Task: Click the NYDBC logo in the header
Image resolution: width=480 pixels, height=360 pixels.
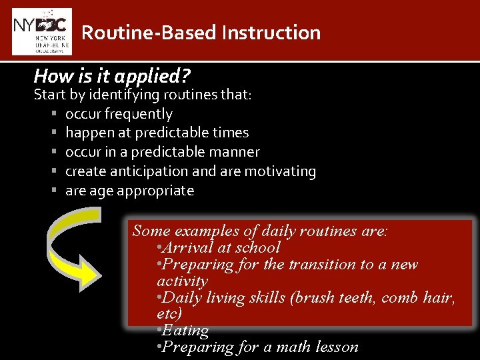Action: pyautogui.click(x=42, y=31)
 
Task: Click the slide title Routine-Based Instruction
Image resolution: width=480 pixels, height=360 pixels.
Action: pyautogui.click(x=201, y=33)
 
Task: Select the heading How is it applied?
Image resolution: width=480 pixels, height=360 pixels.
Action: pyautogui.click(x=112, y=75)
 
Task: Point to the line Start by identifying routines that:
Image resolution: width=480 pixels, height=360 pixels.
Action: pyautogui.click(x=143, y=95)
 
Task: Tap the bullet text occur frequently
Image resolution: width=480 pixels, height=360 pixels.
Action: pyautogui.click(x=119, y=114)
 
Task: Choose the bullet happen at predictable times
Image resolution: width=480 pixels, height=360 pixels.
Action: pyautogui.click(x=157, y=133)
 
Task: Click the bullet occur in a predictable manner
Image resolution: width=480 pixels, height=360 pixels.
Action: pyautogui.click(x=162, y=152)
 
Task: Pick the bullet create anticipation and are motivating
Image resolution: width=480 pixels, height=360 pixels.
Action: pyautogui.click(x=190, y=171)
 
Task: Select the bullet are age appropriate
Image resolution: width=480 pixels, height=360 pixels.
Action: pyautogui.click(x=129, y=191)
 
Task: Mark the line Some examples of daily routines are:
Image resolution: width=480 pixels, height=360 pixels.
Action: pyautogui.click(x=260, y=231)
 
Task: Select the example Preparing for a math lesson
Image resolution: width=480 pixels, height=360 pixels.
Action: pyautogui.click(x=257, y=347)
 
